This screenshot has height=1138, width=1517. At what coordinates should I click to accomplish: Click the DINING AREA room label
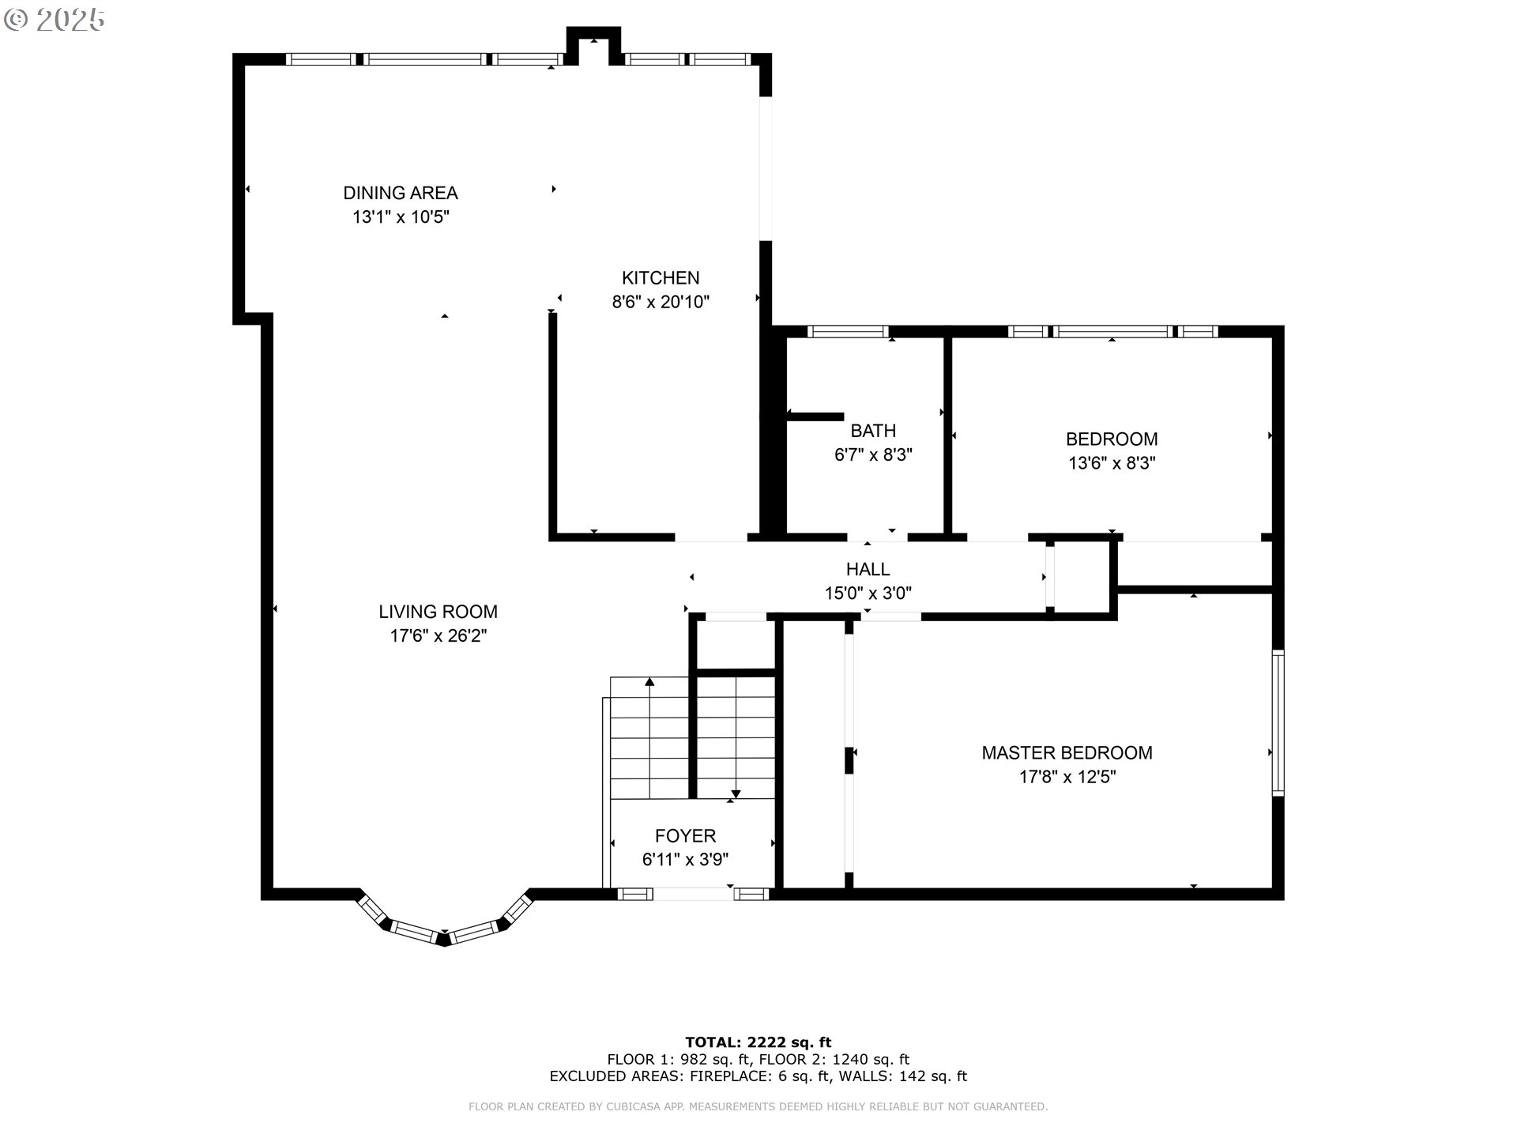[x=400, y=193]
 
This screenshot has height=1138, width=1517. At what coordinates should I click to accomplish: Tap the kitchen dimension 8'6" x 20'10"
[x=661, y=302]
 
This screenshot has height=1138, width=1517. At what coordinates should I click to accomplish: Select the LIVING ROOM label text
[x=438, y=612]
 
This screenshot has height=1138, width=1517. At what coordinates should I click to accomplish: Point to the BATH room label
[x=873, y=431]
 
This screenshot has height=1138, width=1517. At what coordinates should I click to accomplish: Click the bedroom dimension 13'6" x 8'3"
[x=1112, y=463]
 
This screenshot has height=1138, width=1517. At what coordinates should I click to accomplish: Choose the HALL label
[x=868, y=569]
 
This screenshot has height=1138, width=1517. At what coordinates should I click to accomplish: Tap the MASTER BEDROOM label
[x=1067, y=753]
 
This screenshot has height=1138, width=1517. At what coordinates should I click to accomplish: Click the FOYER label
[x=685, y=836]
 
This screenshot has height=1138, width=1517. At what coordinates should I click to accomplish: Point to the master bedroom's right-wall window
[x=1278, y=722]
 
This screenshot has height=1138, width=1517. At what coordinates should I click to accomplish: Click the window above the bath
[x=848, y=332]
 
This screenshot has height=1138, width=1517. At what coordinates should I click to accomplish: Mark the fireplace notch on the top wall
[x=593, y=46]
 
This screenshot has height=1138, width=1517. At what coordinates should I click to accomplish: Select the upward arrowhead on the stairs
[x=649, y=681]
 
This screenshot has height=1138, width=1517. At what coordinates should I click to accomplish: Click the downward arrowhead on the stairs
[x=736, y=793]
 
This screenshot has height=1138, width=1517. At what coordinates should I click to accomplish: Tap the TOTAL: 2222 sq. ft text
[x=758, y=1042]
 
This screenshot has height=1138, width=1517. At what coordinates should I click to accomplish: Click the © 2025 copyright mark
[x=54, y=19]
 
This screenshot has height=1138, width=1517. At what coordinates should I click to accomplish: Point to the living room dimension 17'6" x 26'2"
[x=438, y=635]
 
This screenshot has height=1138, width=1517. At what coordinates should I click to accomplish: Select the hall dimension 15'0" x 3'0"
[x=868, y=593]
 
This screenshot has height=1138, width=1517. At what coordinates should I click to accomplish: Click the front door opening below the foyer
[x=693, y=895]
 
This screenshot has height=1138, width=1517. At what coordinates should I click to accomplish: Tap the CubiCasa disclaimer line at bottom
[x=758, y=1107]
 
